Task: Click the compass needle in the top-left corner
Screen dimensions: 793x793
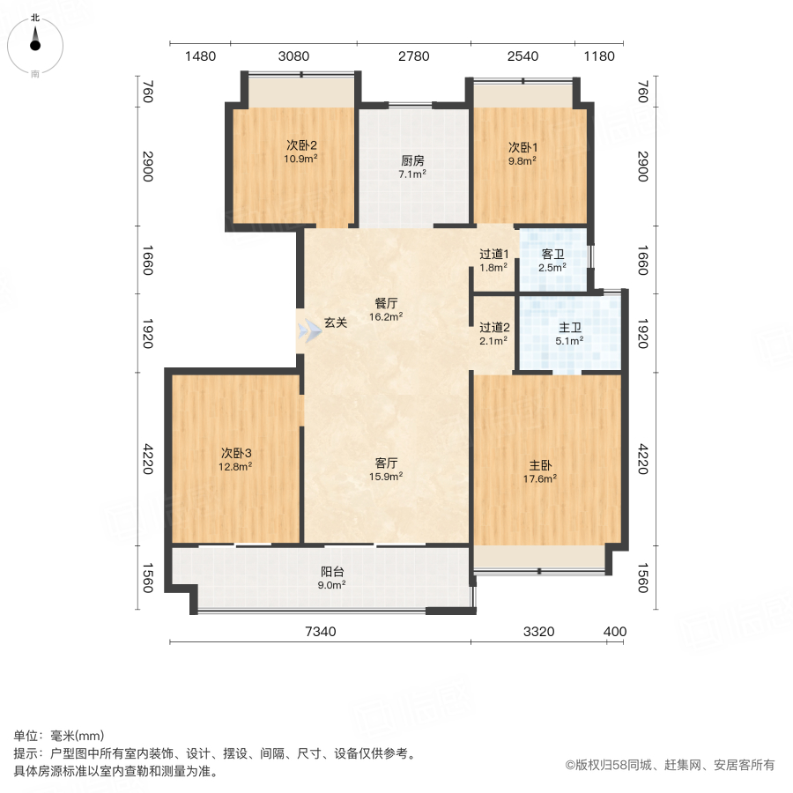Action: point(35,40)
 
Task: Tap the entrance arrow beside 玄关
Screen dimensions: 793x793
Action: point(309,332)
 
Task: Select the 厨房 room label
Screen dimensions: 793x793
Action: point(412,161)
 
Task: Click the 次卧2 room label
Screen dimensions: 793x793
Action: point(301,145)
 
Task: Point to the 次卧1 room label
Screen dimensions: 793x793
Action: point(522,147)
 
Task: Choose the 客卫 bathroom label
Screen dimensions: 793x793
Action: point(552,254)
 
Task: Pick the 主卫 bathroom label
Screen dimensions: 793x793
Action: point(569,328)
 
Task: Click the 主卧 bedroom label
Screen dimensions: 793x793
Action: point(540,465)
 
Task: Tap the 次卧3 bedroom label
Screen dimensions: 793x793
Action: point(235,453)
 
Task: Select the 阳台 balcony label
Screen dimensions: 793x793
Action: point(332,572)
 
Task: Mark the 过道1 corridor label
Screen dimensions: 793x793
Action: point(493,254)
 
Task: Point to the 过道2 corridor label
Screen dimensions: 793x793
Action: point(494,328)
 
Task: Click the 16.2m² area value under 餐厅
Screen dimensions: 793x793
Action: point(386,317)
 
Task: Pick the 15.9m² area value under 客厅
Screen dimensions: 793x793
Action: point(386,477)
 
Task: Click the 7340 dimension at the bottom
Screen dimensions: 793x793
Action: point(321,632)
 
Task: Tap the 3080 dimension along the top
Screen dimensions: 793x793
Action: point(293,56)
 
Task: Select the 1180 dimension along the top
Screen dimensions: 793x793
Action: point(599,56)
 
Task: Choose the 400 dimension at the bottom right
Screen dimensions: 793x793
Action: point(615,632)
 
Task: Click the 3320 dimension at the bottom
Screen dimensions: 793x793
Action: point(539,632)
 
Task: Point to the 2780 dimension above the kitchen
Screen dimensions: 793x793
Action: point(414,56)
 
